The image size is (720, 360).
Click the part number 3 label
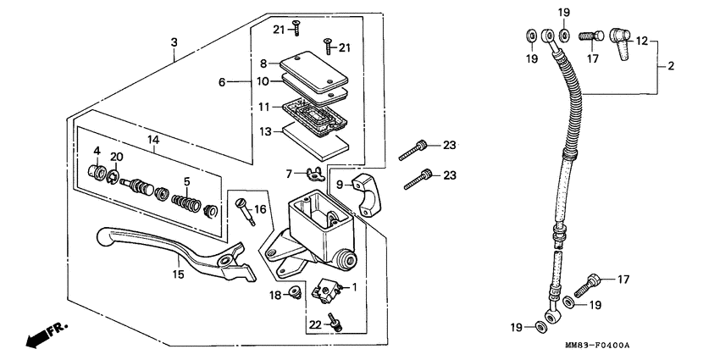click(x=174, y=42)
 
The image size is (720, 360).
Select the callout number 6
click(x=222, y=82)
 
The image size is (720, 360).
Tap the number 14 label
click(x=152, y=139)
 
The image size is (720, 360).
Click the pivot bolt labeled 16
click(x=246, y=209)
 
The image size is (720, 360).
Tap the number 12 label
click(x=642, y=40)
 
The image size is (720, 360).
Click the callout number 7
click(x=289, y=173)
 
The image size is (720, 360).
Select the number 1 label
click(x=354, y=287)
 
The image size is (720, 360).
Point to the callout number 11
click(x=264, y=107)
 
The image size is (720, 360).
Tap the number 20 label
click(x=117, y=156)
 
